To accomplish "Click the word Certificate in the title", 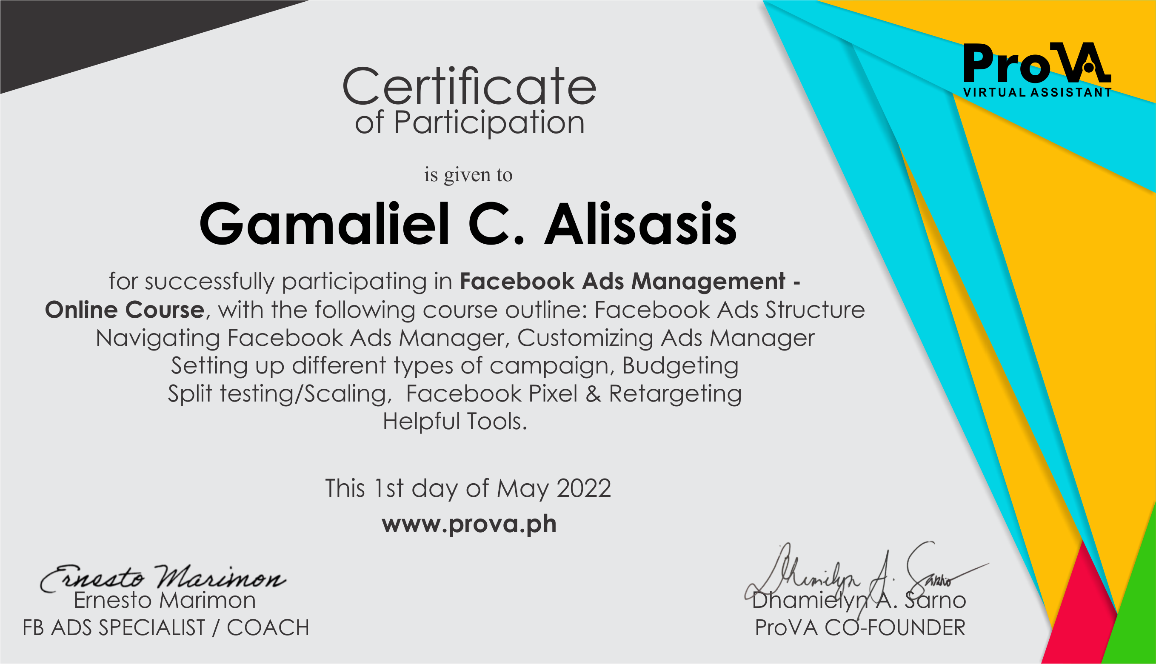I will pos(469,87).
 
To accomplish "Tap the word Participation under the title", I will pos(489,123).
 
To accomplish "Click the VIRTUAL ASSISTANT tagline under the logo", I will pos(1037,93).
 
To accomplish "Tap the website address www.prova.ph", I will pos(469,524).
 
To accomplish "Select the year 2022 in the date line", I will pos(584,488).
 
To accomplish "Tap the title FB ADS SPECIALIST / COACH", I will pos(166,628).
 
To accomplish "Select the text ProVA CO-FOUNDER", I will pos(860,628).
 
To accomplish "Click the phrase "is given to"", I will pos(468,175).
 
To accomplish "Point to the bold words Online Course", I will pos(125,310).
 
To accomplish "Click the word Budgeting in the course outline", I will pos(680,366).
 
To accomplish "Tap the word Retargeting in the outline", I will pos(675,394).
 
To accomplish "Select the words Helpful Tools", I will pos(455,422).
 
